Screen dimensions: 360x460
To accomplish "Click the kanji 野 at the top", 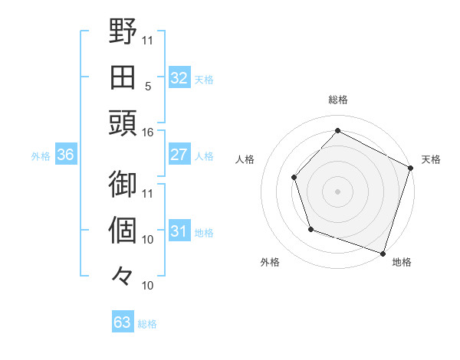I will click(123, 34).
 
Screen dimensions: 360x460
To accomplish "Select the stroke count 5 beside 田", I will click(147, 87).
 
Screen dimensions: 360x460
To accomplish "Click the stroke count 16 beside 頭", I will click(147, 133).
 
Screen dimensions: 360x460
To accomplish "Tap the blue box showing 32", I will click(179, 78).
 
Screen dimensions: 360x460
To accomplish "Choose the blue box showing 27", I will click(179, 155).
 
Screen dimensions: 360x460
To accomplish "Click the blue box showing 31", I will click(179, 231).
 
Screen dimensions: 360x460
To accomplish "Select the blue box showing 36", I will click(65, 155).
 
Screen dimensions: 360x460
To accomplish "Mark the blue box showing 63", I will click(122, 322).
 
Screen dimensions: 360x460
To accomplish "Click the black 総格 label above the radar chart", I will click(338, 100).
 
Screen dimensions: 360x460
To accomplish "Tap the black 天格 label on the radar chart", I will click(431, 159).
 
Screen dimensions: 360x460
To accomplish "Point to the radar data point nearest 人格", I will click(294, 177).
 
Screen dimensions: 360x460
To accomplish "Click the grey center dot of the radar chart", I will click(337, 191).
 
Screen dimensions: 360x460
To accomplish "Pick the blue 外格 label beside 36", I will click(41, 156).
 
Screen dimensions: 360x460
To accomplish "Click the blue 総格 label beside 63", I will click(147, 324).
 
